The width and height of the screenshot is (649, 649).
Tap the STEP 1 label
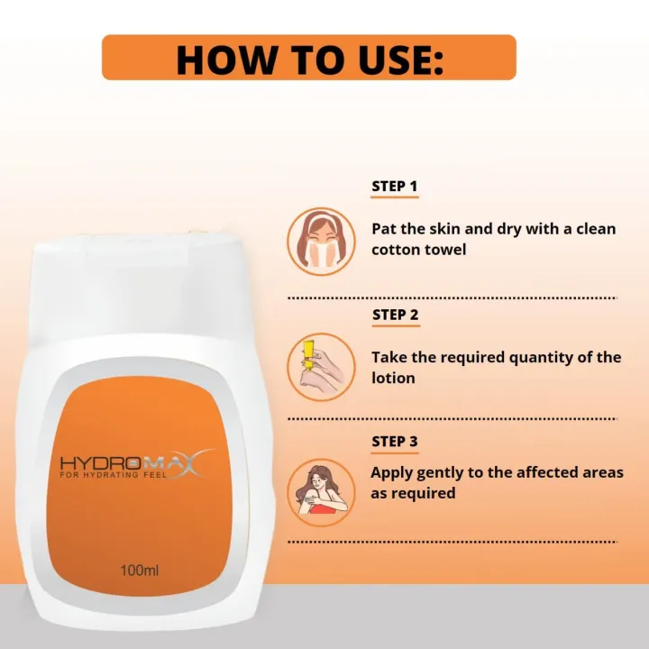(394, 187)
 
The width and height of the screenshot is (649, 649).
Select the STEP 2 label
(395, 315)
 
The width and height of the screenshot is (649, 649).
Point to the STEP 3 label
(395, 442)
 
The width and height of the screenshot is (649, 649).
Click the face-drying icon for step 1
(320, 241)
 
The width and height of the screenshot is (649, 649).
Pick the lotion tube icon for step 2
(320, 367)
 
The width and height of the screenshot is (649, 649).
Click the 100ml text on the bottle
(140, 570)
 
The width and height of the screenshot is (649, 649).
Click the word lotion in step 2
(393, 378)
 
